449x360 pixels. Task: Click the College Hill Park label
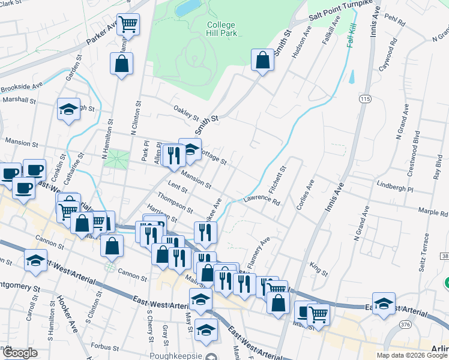coord(222,29)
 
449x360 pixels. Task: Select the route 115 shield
coord(365,98)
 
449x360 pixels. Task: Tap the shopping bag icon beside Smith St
coord(262,60)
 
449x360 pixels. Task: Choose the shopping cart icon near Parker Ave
coord(128,24)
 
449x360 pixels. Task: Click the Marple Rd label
coord(416,212)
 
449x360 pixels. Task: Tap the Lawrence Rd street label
coord(262,199)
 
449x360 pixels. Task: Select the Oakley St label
coord(186,112)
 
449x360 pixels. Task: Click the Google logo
coord(20,353)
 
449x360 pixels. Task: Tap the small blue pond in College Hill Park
coord(188,8)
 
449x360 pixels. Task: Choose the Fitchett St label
coord(279,179)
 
